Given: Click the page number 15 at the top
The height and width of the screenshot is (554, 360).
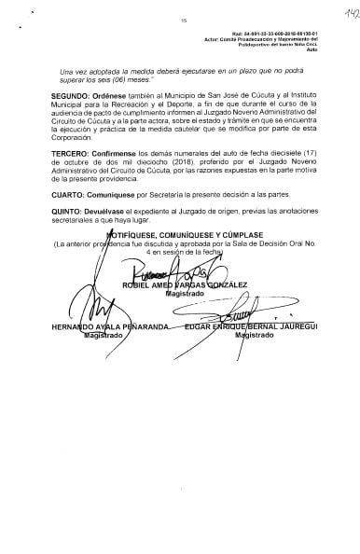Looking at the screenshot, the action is pos(184,19).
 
